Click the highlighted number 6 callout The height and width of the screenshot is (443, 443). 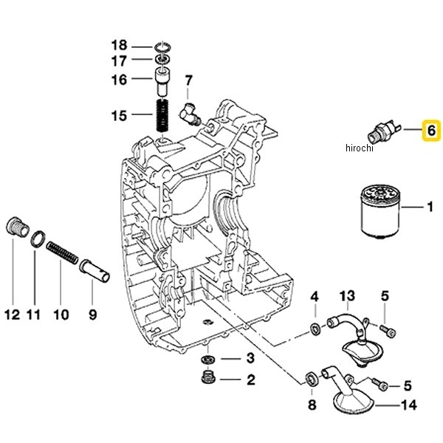pyautogui.click(x=431, y=131)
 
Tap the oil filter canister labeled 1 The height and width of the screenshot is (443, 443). pyautogui.click(x=380, y=208)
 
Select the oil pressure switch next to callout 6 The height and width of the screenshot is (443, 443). pyautogui.click(x=385, y=131)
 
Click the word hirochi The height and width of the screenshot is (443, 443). pyautogui.click(x=359, y=148)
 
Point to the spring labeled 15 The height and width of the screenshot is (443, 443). pyautogui.click(x=162, y=116)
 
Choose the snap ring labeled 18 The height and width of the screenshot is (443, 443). pyautogui.click(x=162, y=47)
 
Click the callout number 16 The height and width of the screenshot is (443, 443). pyautogui.click(x=119, y=80)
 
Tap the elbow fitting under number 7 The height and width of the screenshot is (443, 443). pyautogui.click(x=190, y=114)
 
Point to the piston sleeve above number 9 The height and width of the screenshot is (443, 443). pyautogui.click(x=95, y=270)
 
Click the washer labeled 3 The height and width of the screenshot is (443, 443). pyautogui.click(x=208, y=360)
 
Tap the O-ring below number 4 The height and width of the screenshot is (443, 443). pyautogui.click(x=315, y=329)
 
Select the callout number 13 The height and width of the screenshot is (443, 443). pyautogui.click(x=347, y=296)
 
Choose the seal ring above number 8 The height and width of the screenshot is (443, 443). pyautogui.click(x=312, y=379)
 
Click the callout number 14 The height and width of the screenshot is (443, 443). pyautogui.click(x=409, y=405)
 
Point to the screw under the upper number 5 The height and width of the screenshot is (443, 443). pyautogui.click(x=388, y=331)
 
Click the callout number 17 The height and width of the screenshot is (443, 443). pyautogui.click(x=119, y=61)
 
